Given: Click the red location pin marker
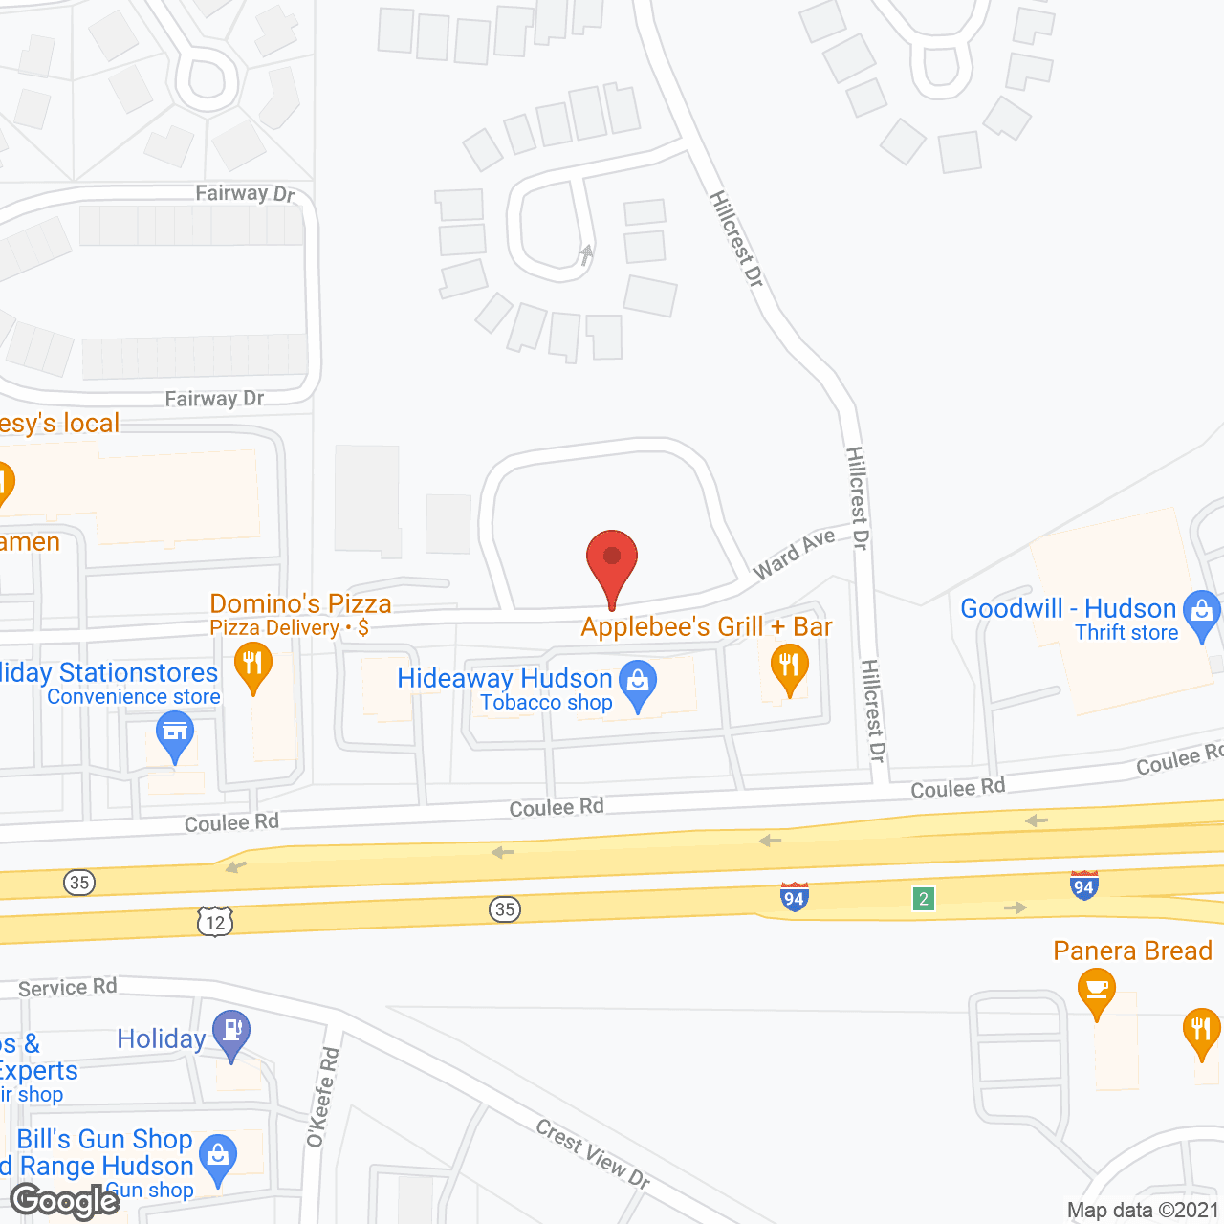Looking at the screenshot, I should (x=612, y=564).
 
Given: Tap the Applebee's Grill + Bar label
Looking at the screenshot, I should (x=707, y=626).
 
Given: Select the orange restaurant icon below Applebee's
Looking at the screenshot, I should (x=789, y=666).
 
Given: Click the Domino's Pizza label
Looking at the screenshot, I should (x=300, y=603).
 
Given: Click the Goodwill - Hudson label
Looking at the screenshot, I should (x=1068, y=608).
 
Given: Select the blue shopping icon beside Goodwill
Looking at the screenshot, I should (x=1202, y=613).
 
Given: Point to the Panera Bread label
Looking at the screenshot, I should (x=1132, y=951).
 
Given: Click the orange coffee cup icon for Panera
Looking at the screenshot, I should (x=1097, y=990).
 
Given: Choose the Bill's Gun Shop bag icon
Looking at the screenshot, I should (x=218, y=1158).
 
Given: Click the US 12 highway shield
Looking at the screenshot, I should (x=215, y=922).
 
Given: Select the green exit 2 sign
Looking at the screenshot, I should (x=923, y=899).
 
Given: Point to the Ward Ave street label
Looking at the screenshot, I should (x=794, y=556).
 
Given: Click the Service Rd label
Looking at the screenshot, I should (x=67, y=987).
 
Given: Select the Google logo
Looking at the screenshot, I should (x=65, y=1201).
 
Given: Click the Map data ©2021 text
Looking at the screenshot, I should (x=1143, y=1211).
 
